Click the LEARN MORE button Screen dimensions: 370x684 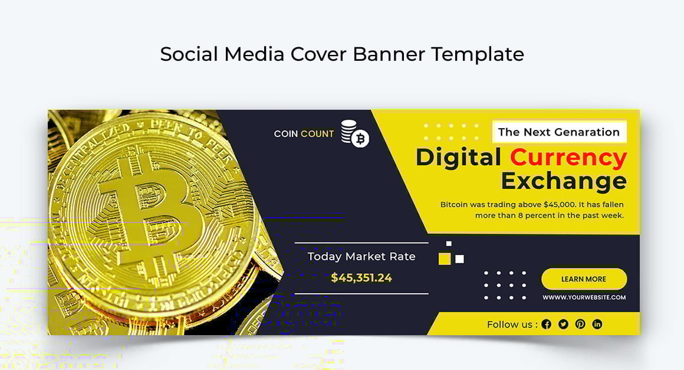pyautogui.click(x=584, y=279)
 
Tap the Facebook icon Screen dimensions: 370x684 pyautogui.click(x=546, y=324)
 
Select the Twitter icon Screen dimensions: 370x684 pyautogui.click(x=563, y=324)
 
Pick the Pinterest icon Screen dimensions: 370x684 pyautogui.click(x=580, y=324)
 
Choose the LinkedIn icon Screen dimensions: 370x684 pyautogui.click(x=597, y=324)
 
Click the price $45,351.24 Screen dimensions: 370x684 pyautogui.click(x=361, y=277)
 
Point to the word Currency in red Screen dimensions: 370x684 pyautogui.click(x=568, y=158)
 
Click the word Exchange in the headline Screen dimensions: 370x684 pyautogui.click(x=563, y=181)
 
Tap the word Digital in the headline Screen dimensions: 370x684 pyautogui.click(x=458, y=158)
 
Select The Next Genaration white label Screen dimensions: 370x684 pyautogui.click(x=558, y=132)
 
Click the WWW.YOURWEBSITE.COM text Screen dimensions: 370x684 pyautogui.click(x=584, y=297)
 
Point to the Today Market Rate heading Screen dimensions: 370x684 pyautogui.click(x=361, y=257)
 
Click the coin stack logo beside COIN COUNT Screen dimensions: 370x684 pyautogui.click(x=354, y=133)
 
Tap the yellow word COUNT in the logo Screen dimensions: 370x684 pyautogui.click(x=317, y=134)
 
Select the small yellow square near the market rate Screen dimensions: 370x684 pyautogui.click(x=445, y=258)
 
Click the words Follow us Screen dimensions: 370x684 pyautogui.click(x=511, y=324)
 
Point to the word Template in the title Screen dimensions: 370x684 pyautogui.click(x=477, y=54)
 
